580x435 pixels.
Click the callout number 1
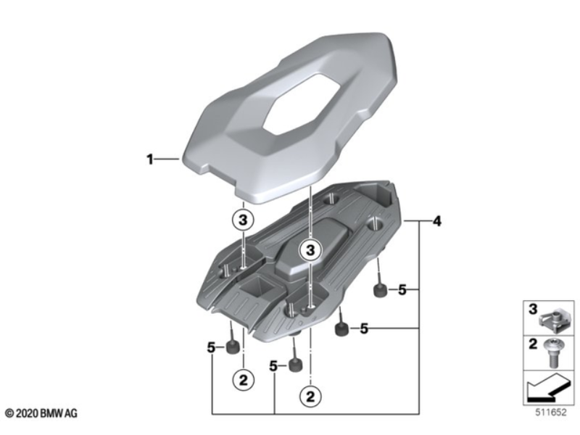pyautogui.click(x=151, y=159)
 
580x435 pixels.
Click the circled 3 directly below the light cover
pyautogui.click(x=244, y=220)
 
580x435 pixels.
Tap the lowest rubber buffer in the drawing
pyautogui.click(x=294, y=365)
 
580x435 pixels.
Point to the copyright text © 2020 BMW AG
pyautogui.click(x=42, y=413)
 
